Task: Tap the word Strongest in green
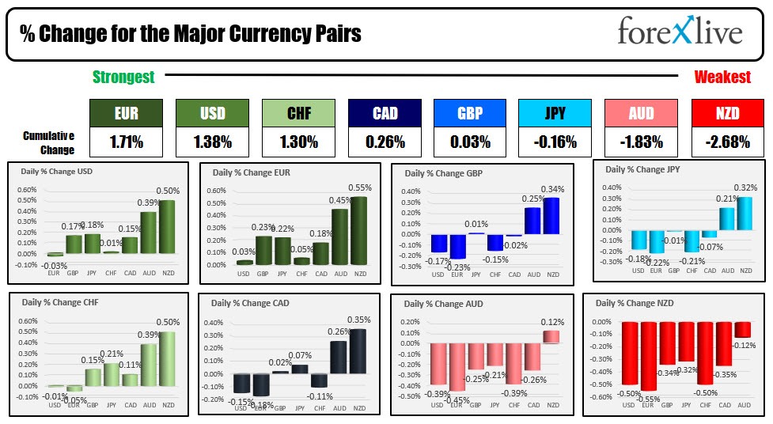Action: tap(123, 77)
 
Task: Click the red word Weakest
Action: tap(722, 77)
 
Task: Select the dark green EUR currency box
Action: tap(126, 113)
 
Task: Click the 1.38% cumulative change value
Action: tap(212, 142)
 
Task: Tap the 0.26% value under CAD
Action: tap(385, 142)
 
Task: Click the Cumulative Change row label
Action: tap(49, 142)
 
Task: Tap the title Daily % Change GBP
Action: tap(443, 173)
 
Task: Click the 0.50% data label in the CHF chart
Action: tap(167, 323)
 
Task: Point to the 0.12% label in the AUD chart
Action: tap(551, 322)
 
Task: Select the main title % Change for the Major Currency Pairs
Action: tap(190, 34)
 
